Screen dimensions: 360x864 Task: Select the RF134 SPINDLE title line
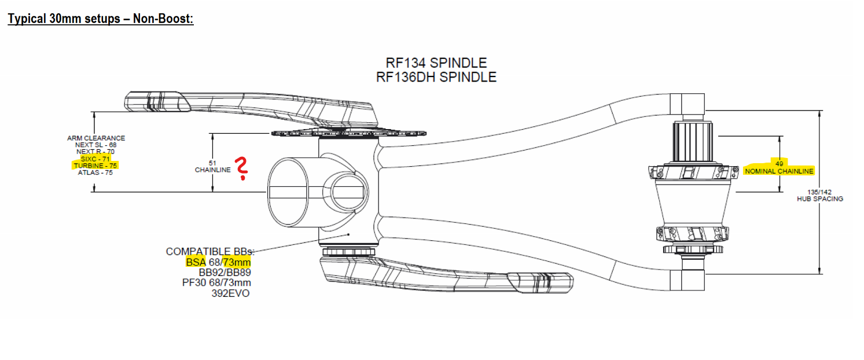[436, 63]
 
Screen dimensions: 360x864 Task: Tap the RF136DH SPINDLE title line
[436, 77]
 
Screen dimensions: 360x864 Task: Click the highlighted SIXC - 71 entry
[96, 158]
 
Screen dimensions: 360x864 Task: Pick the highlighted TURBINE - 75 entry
[95, 165]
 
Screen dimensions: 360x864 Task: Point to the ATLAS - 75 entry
[95, 172]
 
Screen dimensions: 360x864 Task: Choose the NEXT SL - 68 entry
[95, 145]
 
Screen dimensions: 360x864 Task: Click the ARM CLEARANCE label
[95, 138]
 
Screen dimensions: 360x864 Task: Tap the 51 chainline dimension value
[212, 163]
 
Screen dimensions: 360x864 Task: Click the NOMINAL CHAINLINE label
[779, 171]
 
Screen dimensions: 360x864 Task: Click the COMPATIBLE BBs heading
[210, 252]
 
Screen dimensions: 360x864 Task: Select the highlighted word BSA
[196, 262]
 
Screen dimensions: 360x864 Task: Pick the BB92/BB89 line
[225, 272]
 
